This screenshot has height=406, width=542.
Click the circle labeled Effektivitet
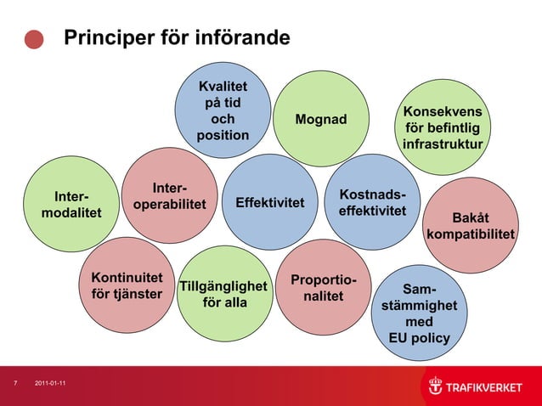pyautogui.click(x=269, y=202)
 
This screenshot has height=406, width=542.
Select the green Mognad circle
pyautogui.click(x=321, y=119)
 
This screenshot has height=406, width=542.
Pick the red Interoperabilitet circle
pyautogui.click(x=170, y=196)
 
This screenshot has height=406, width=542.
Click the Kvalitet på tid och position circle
pyautogui.click(x=223, y=111)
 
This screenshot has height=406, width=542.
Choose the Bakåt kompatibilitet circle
pyautogui.click(x=483, y=224)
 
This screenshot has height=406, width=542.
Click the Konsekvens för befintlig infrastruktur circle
pyautogui.click(x=443, y=128)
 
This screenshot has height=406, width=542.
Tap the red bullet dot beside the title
pyautogui.click(x=34, y=40)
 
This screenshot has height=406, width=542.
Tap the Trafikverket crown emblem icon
pyautogui.click(x=435, y=386)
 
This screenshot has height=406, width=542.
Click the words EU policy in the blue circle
pyautogui.click(x=419, y=339)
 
